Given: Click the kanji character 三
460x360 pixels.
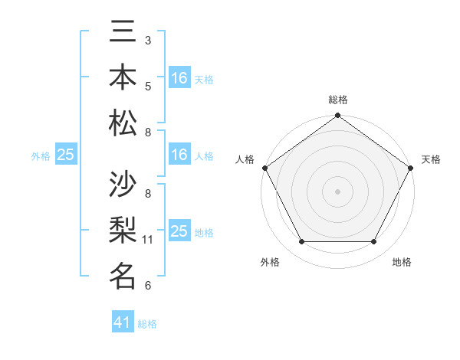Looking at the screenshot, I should point(123,32).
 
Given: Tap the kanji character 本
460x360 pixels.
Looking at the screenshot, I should point(123,77).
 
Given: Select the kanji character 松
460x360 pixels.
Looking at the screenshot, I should point(123,123).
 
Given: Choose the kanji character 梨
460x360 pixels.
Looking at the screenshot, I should point(123,231).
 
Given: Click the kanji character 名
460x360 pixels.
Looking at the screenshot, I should point(123,276).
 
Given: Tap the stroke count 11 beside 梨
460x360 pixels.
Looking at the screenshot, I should point(148,240).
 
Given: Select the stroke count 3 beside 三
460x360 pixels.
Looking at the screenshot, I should point(148,40).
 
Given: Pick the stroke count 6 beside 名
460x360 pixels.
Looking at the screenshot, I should point(148,286).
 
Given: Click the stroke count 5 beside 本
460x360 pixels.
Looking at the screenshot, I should point(148,86).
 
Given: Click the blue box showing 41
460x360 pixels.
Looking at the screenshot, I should point(123,323).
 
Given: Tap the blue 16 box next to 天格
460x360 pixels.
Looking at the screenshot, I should point(179,78).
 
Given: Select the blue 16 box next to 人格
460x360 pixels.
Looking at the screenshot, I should point(179,155).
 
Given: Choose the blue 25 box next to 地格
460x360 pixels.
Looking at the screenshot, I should point(179,231).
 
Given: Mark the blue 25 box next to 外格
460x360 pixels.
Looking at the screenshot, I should point(65,155).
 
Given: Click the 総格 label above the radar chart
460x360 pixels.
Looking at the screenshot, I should point(337,100).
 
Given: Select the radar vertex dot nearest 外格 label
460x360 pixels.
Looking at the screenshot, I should point(301,242).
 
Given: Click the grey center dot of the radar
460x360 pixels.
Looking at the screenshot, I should point(337,191).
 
